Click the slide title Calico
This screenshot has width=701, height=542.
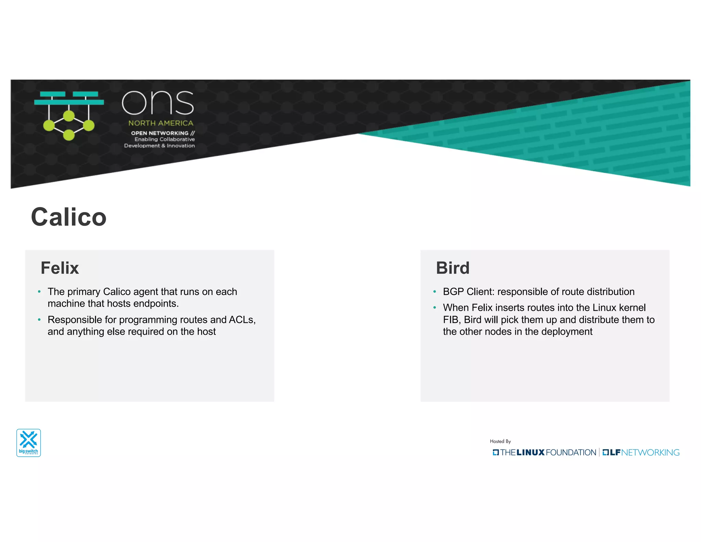click(68, 217)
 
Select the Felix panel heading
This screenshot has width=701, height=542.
click(60, 268)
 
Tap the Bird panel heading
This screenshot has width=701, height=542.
click(453, 268)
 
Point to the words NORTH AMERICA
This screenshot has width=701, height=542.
click(161, 123)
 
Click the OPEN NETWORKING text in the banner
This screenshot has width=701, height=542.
click(160, 133)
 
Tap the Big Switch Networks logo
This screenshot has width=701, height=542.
click(29, 443)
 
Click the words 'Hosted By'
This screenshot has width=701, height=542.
click(500, 441)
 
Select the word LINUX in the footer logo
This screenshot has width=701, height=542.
click(530, 453)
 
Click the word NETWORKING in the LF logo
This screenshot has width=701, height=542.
click(650, 453)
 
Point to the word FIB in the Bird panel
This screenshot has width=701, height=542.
click(451, 320)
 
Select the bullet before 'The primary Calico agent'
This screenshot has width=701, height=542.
click(39, 292)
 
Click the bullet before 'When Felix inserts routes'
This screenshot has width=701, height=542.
click(435, 308)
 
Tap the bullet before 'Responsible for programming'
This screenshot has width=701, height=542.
click(39, 320)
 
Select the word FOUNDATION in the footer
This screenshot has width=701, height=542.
click(571, 453)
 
